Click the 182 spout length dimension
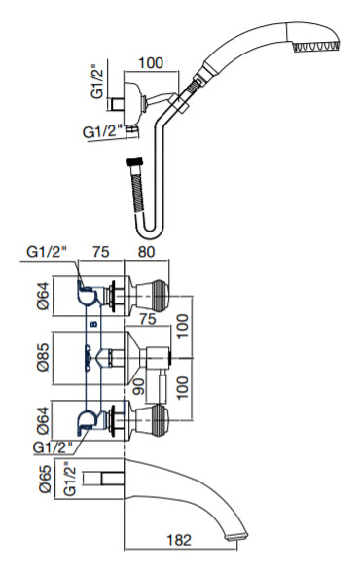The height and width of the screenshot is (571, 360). point(178,539)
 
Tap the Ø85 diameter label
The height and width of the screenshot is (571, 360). point(43,358)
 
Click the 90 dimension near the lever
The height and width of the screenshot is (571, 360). point(139,386)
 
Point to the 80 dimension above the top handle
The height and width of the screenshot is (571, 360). point(146,252)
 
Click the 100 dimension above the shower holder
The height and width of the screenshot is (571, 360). point(151,63)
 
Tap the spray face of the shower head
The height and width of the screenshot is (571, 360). point(315,47)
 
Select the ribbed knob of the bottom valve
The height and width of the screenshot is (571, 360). point(159,420)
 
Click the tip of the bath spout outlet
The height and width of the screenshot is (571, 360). point(237,537)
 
